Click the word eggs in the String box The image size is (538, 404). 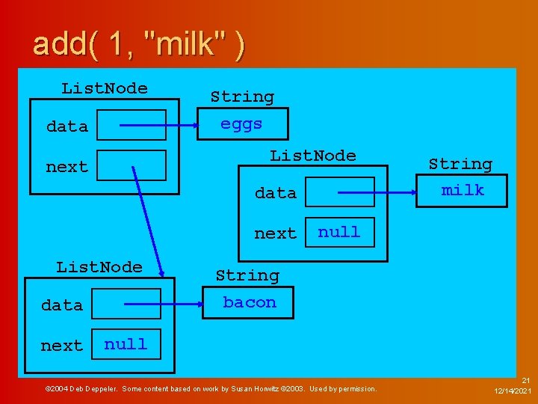(241, 124)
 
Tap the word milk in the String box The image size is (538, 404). (463, 190)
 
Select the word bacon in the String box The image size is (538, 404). (250, 302)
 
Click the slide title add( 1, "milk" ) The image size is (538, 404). (138, 45)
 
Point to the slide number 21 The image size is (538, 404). (525, 381)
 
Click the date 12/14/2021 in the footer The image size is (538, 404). (513, 391)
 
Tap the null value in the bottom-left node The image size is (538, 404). (126, 344)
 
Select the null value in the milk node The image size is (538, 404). (339, 232)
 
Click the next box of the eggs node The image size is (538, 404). (132, 165)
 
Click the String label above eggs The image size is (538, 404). (241, 97)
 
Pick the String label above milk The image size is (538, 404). (460, 164)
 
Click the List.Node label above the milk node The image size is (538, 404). (313, 156)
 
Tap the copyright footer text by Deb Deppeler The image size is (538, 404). (211, 388)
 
